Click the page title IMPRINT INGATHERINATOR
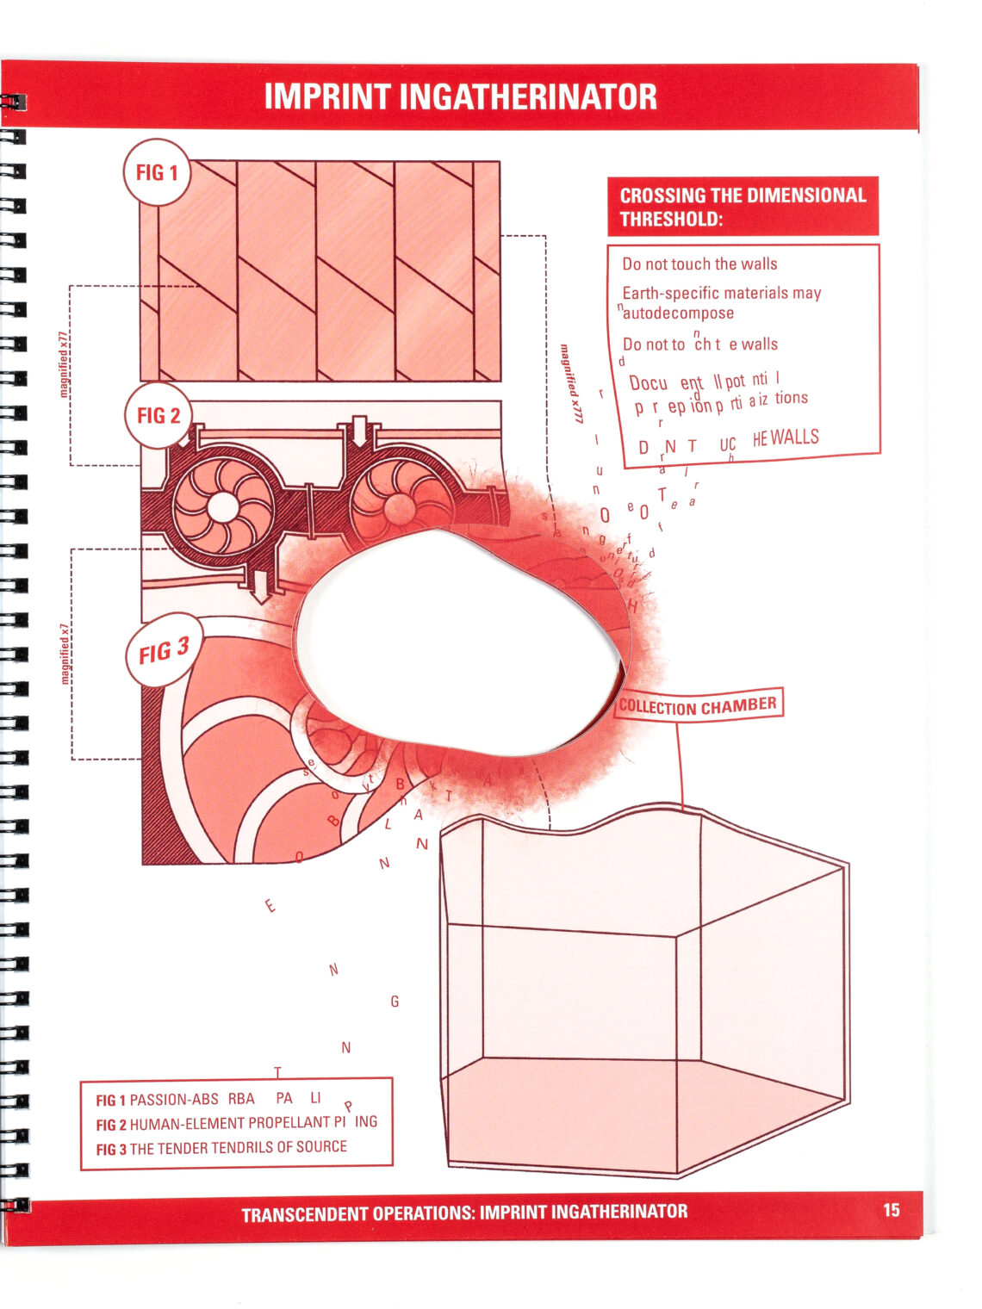coord(460,96)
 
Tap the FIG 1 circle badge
coord(157,173)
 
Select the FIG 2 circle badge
coord(158,416)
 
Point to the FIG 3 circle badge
coord(164,651)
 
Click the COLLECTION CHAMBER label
coord(698,705)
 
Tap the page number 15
coord(891,1210)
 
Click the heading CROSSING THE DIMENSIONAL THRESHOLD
coord(743,207)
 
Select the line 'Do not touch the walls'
coord(699,264)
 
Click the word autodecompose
coord(678,313)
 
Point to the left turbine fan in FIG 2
coord(223,506)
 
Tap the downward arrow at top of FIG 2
coord(358,431)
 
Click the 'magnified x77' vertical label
coord(63,363)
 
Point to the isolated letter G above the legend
coord(395,1002)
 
